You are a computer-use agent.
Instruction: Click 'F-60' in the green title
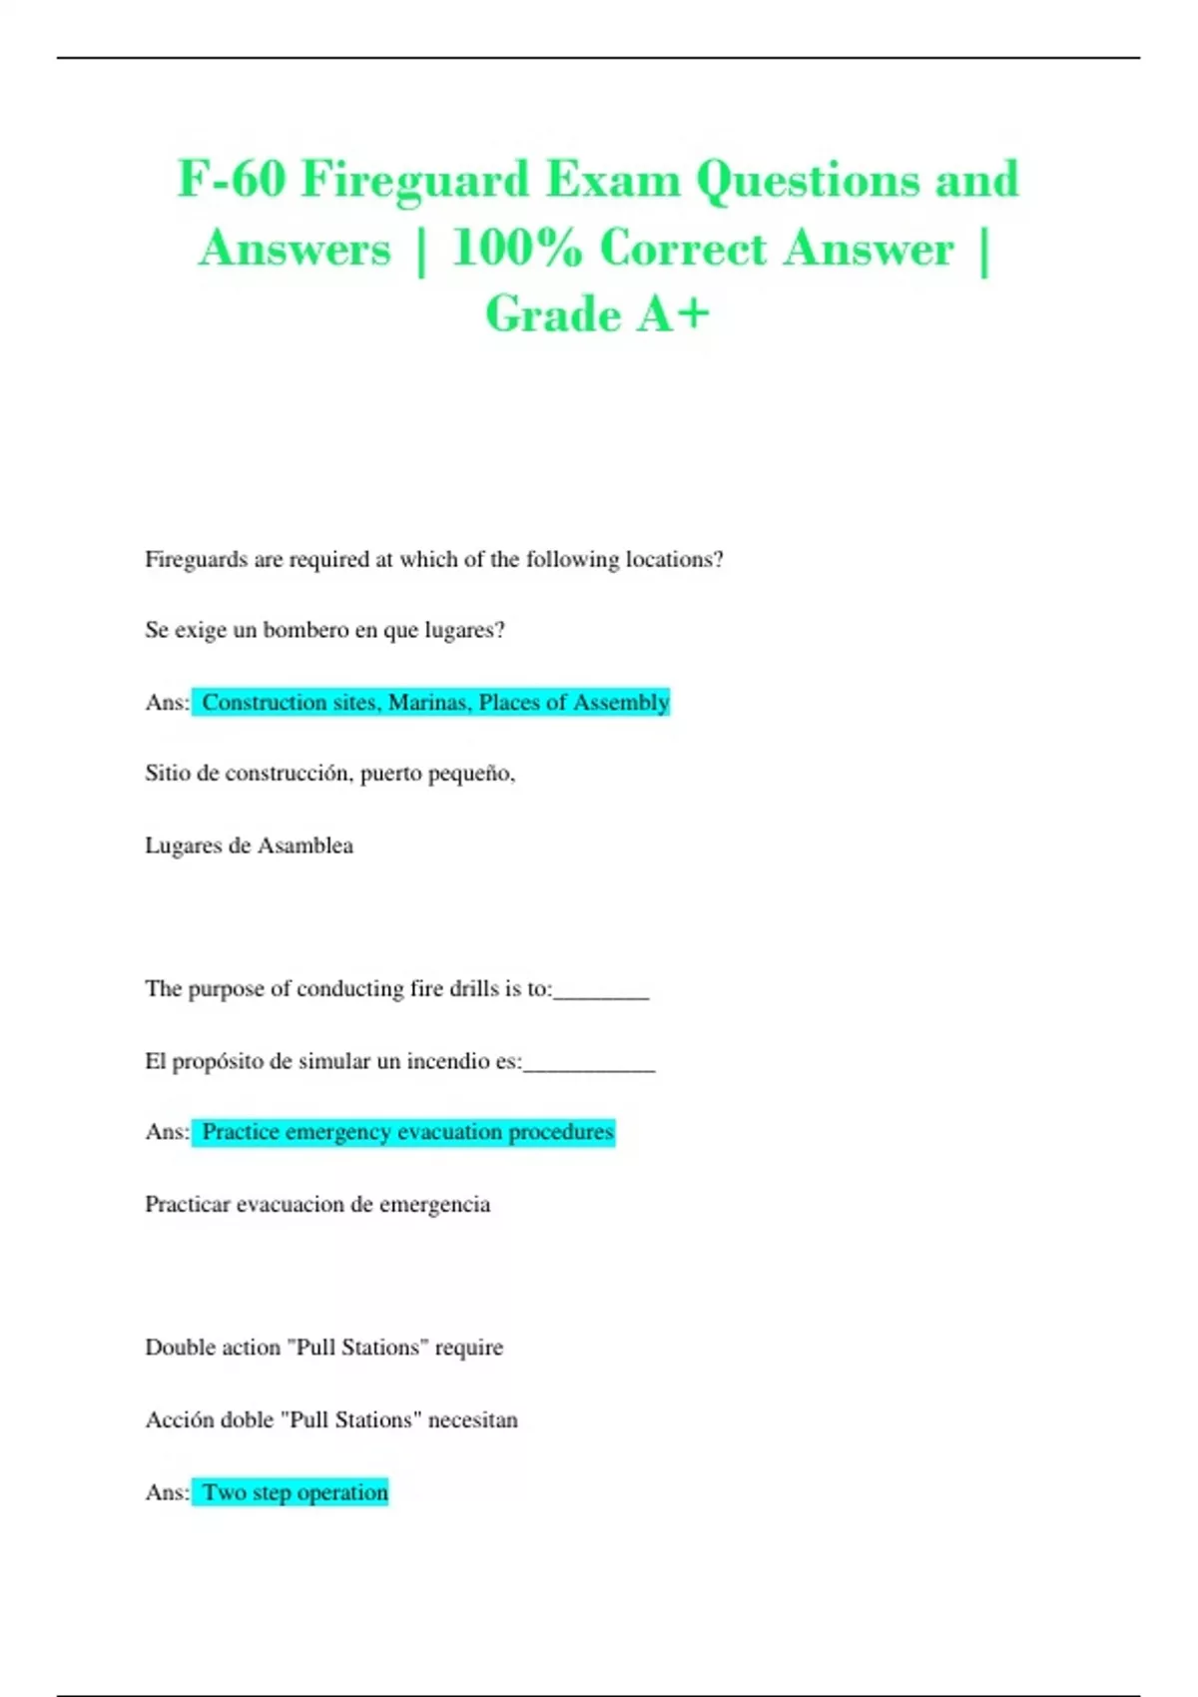point(232,181)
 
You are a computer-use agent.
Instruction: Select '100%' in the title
point(516,250)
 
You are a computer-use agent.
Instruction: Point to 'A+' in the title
point(674,314)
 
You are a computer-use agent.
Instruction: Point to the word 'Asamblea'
point(305,846)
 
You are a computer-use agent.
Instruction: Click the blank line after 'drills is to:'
point(601,992)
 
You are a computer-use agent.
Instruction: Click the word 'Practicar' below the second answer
point(188,1205)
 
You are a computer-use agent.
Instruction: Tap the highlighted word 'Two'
point(225,1492)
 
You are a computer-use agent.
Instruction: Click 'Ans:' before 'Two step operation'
point(167,1492)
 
